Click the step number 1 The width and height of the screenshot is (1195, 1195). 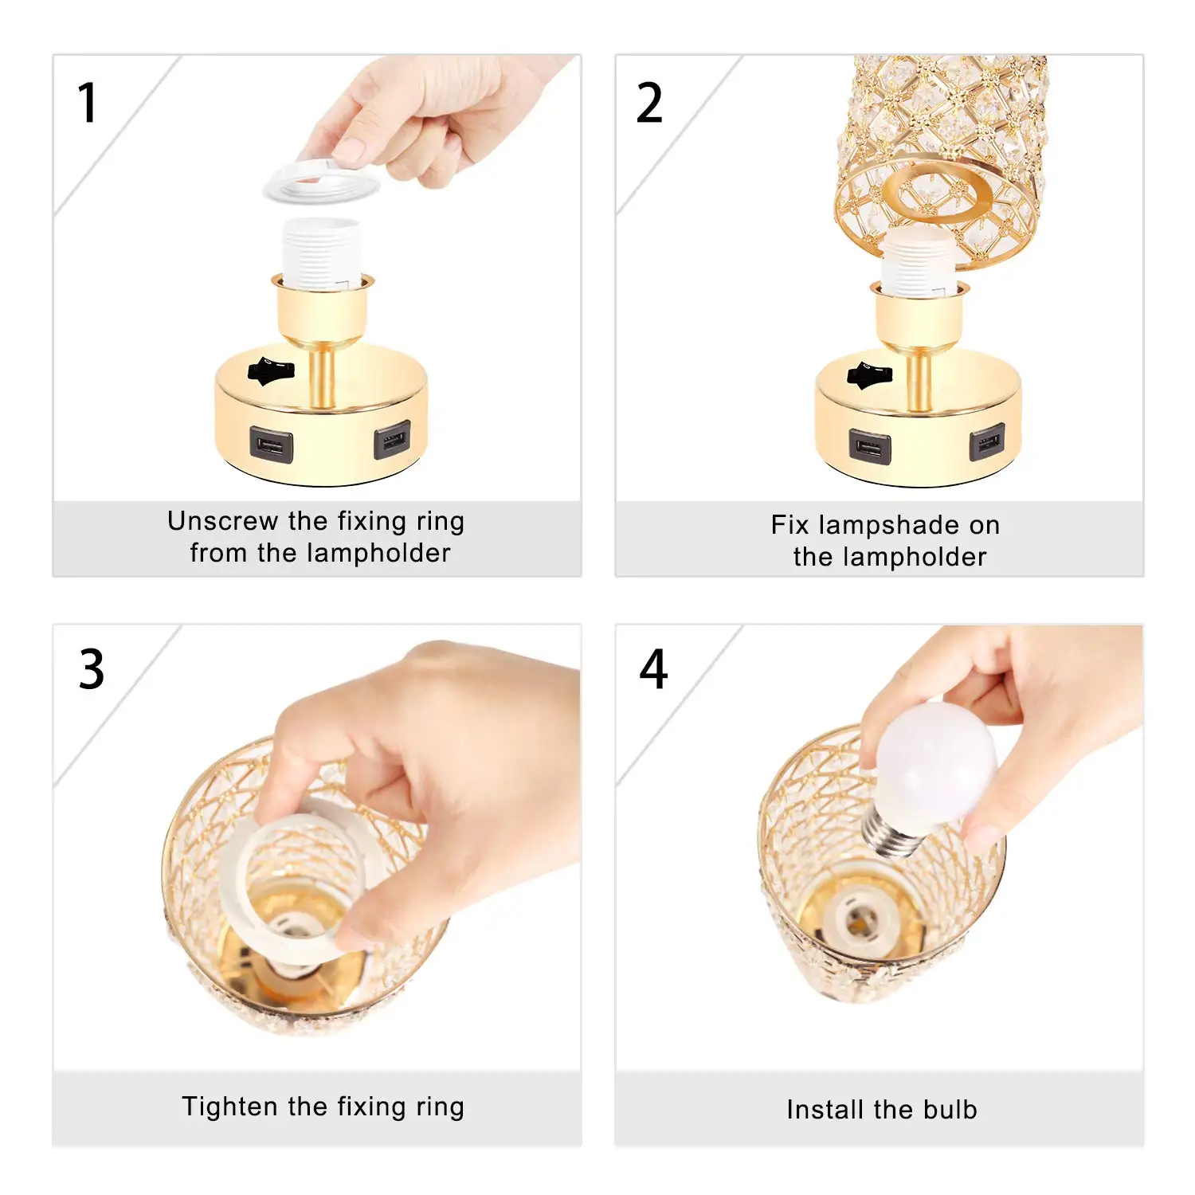[88, 104]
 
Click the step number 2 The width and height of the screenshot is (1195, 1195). [649, 104]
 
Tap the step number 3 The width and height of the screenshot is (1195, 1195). [92, 669]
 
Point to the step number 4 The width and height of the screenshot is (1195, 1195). [653, 669]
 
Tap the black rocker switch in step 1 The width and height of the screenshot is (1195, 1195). [271, 371]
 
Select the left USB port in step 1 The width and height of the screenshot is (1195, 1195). [271, 444]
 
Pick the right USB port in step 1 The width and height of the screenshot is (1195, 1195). [393, 439]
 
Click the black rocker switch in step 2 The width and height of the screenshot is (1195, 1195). [869, 375]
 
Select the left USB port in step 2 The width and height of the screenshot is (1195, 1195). [869, 445]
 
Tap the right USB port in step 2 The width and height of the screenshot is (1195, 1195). [987, 442]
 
